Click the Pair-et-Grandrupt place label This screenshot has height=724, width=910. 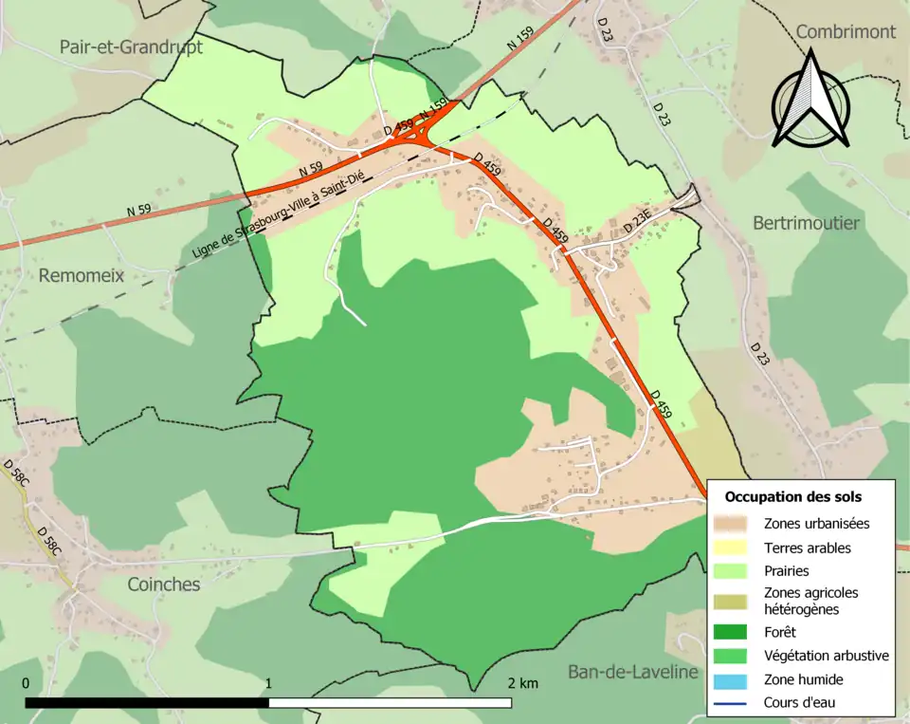[131, 46]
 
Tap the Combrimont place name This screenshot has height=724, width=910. [846, 31]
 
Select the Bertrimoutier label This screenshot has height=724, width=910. [806, 223]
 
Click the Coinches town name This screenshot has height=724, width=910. [164, 585]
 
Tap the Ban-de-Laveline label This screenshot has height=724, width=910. [632, 672]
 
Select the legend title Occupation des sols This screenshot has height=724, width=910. [793, 496]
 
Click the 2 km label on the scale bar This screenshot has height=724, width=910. [522, 683]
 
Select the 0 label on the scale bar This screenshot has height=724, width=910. [26, 683]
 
